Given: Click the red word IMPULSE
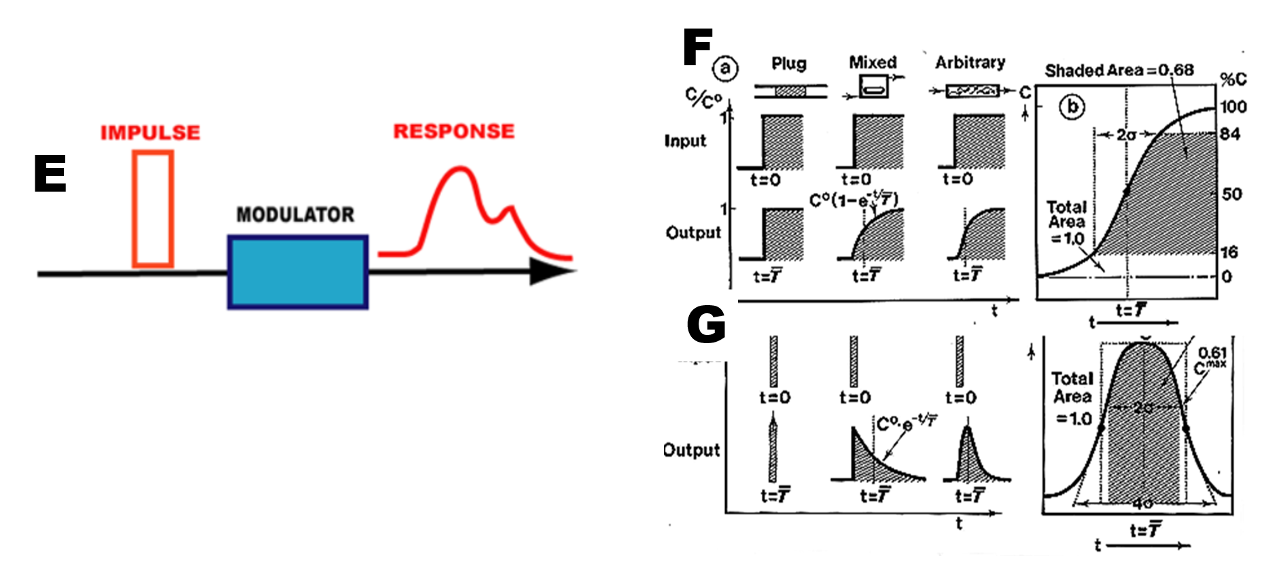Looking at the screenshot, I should [150, 132].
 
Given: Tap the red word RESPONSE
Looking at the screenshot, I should [454, 131].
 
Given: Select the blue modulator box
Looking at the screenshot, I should [298, 272].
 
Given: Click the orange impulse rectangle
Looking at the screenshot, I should [153, 209].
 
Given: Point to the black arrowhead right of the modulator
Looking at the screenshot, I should [550, 271].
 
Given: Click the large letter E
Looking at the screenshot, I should [50, 173].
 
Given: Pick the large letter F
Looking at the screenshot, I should [697, 47].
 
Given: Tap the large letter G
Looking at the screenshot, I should [706, 324].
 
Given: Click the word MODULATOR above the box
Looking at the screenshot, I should [295, 215].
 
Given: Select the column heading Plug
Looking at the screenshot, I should [788, 63].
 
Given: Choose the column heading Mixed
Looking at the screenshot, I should [873, 63].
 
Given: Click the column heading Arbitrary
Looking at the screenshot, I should [970, 63].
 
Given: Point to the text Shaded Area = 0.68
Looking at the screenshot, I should [1119, 70].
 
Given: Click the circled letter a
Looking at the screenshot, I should [726, 68].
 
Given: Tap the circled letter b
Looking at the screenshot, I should [1072, 107].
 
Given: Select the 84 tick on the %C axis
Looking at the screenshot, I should [1230, 134].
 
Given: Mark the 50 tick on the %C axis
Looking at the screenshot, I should [1231, 194].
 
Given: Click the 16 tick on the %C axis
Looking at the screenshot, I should [1229, 253].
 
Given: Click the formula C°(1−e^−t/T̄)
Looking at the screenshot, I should [854, 200].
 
